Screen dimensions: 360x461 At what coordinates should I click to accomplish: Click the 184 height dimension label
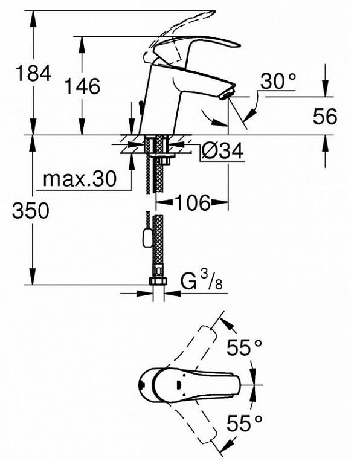33,74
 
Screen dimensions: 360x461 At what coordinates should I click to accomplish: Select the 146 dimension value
82,86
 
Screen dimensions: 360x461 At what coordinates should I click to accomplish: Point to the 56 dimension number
325,116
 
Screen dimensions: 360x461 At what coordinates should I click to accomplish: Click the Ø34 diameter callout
222,151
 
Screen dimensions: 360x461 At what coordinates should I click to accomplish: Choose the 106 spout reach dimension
193,202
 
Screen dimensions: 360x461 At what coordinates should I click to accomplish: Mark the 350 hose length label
31,210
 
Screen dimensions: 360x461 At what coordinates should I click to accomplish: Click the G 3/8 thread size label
201,280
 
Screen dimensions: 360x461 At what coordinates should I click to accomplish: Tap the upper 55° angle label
244,347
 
